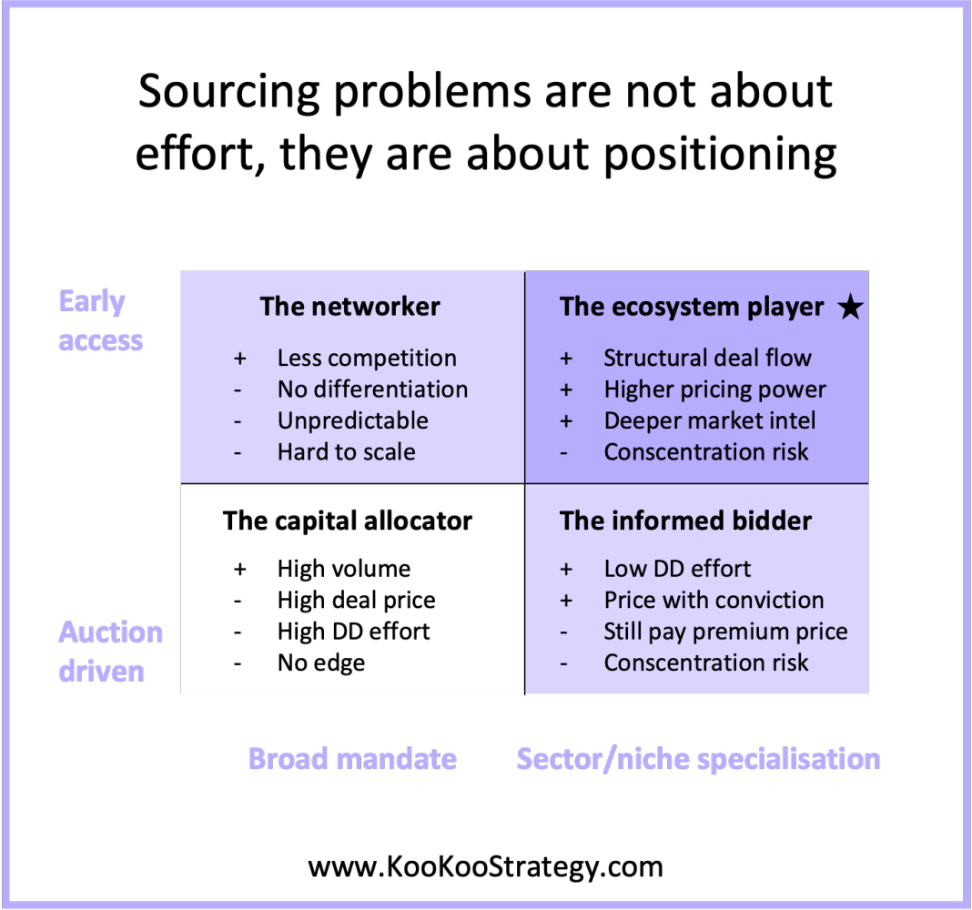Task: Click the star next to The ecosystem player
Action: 849,308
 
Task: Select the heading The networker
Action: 349,307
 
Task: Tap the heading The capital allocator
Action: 348,521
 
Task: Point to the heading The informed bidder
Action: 685,521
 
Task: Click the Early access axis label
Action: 100,320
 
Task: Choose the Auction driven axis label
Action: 110,652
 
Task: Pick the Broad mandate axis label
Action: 352,758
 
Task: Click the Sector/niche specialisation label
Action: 698,758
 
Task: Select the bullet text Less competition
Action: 367,359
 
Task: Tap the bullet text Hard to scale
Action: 346,452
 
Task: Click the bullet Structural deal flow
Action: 707,359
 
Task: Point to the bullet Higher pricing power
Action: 714,389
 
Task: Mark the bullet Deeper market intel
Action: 709,420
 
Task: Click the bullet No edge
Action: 320,663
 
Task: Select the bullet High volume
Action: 343,569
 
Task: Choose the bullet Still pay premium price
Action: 725,632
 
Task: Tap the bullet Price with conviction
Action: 714,601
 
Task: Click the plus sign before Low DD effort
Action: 566,570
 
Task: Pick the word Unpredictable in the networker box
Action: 352,420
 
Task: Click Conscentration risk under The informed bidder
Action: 705,663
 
